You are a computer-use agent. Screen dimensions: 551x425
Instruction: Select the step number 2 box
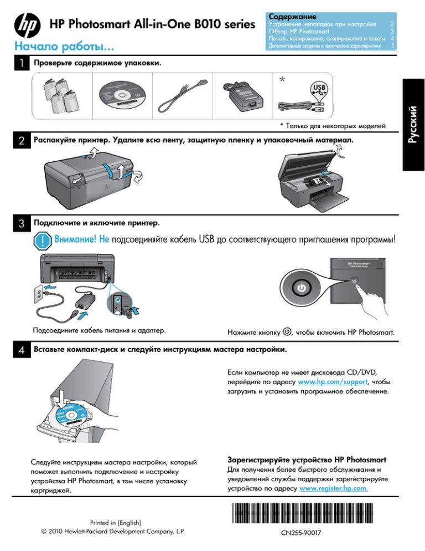coord(20,142)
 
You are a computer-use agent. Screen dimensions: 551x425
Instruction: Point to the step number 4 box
coord(20,351)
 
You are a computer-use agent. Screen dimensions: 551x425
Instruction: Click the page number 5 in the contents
coord(392,45)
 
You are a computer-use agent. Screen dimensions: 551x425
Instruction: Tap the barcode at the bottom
coord(299,516)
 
